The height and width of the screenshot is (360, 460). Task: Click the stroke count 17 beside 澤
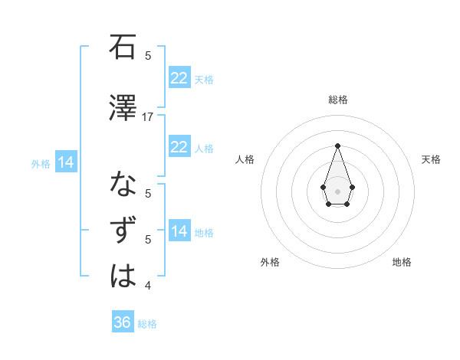coord(148,117)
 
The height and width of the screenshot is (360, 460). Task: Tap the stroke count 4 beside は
coord(148,286)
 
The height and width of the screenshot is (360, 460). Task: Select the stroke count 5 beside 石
coord(148,55)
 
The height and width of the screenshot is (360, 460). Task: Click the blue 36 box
coord(123,322)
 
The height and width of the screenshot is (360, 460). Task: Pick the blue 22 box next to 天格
coord(179,78)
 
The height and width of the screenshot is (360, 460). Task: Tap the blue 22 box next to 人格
coord(179,147)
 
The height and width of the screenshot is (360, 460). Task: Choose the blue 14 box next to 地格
coord(179,231)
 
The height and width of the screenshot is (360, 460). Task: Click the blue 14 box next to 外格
coord(65,162)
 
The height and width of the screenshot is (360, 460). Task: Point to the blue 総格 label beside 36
coord(147,324)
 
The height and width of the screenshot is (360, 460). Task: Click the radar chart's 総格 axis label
coord(337,100)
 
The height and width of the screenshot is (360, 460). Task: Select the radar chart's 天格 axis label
coord(431,159)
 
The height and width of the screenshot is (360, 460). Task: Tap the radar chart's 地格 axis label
coord(402,262)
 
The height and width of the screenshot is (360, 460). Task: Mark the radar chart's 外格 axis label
coord(270,262)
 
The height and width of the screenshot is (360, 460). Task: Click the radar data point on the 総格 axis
coord(337,145)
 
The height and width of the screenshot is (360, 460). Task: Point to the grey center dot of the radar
coord(337,190)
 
